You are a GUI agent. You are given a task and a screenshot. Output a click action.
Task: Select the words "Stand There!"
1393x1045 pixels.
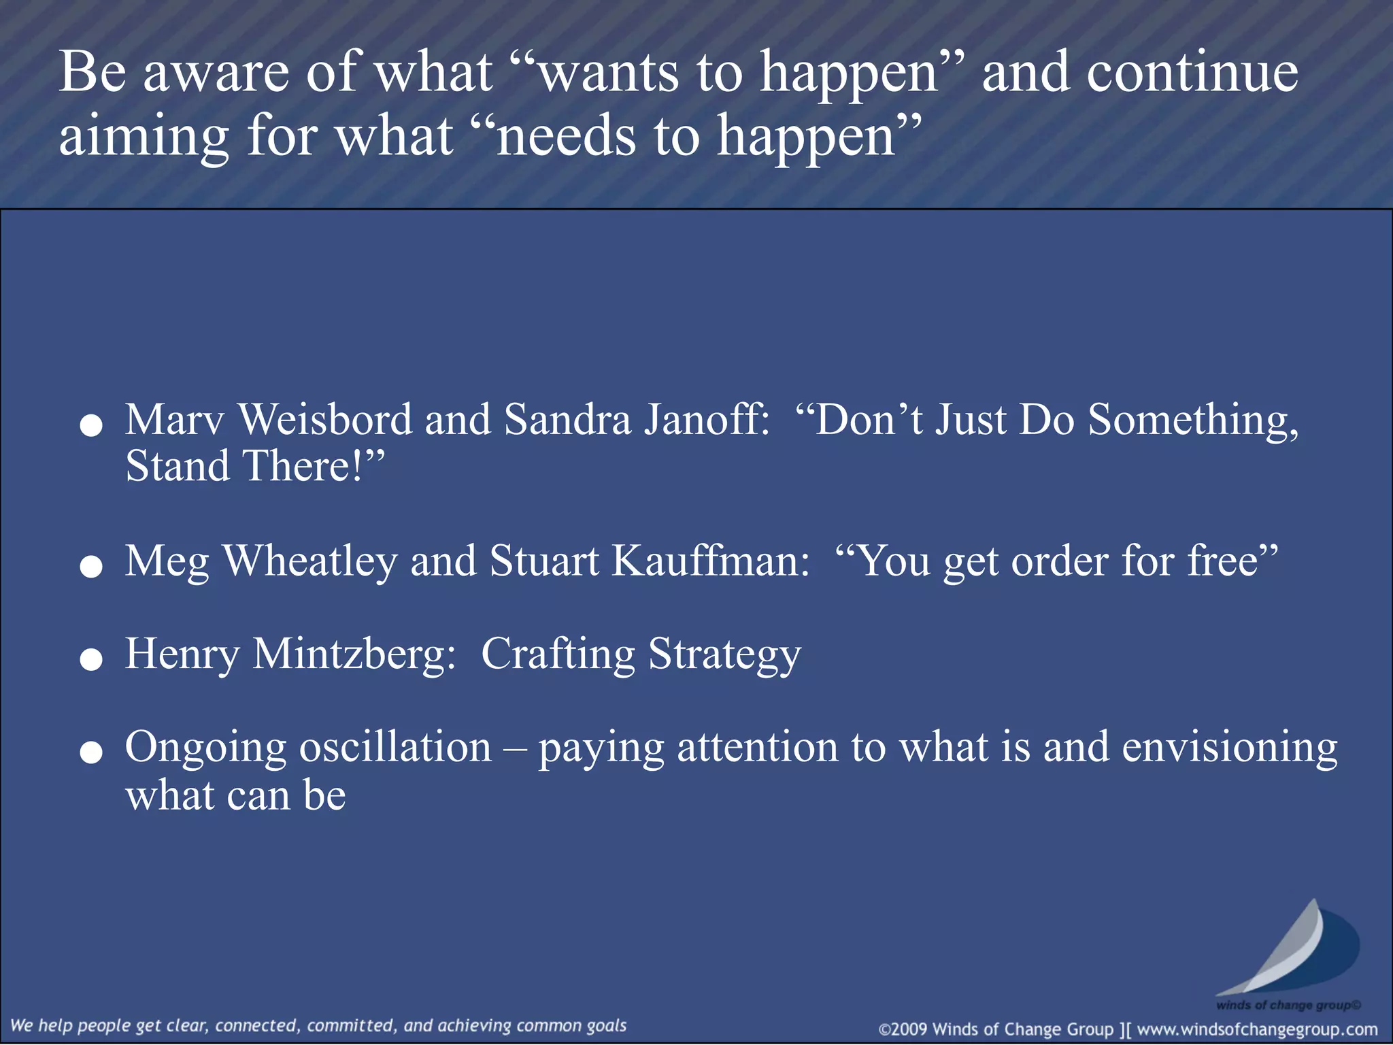pos(253,467)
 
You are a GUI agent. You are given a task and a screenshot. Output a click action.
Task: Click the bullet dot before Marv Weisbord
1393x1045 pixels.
pos(91,426)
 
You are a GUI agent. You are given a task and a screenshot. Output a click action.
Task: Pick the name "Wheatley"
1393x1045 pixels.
pos(310,562)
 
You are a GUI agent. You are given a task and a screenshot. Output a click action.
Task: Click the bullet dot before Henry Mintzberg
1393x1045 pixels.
pos(91,659)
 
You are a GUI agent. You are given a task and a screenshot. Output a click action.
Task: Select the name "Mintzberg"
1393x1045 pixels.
pos(354,654)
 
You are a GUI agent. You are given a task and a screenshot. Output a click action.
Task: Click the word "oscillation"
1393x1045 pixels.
pos(395,748)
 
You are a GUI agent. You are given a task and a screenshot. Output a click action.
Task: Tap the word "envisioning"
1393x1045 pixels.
pos(1229,748)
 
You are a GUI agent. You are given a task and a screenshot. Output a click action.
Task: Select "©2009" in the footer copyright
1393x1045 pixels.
pos(903,1029)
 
